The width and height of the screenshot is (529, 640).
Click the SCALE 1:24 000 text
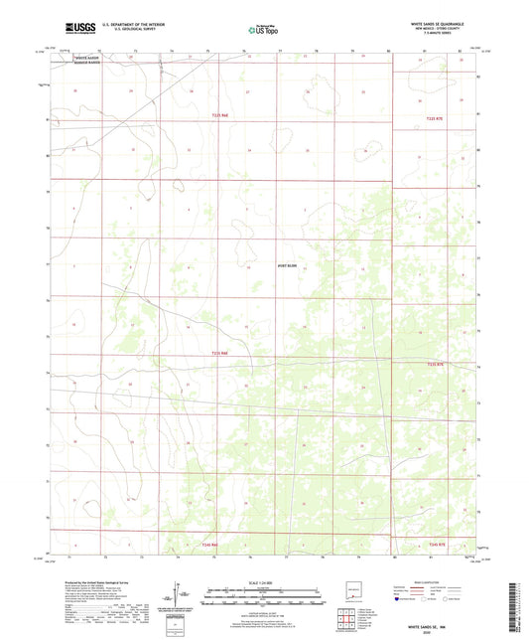[264, 582]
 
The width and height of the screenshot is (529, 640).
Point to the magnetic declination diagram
[177, 597]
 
